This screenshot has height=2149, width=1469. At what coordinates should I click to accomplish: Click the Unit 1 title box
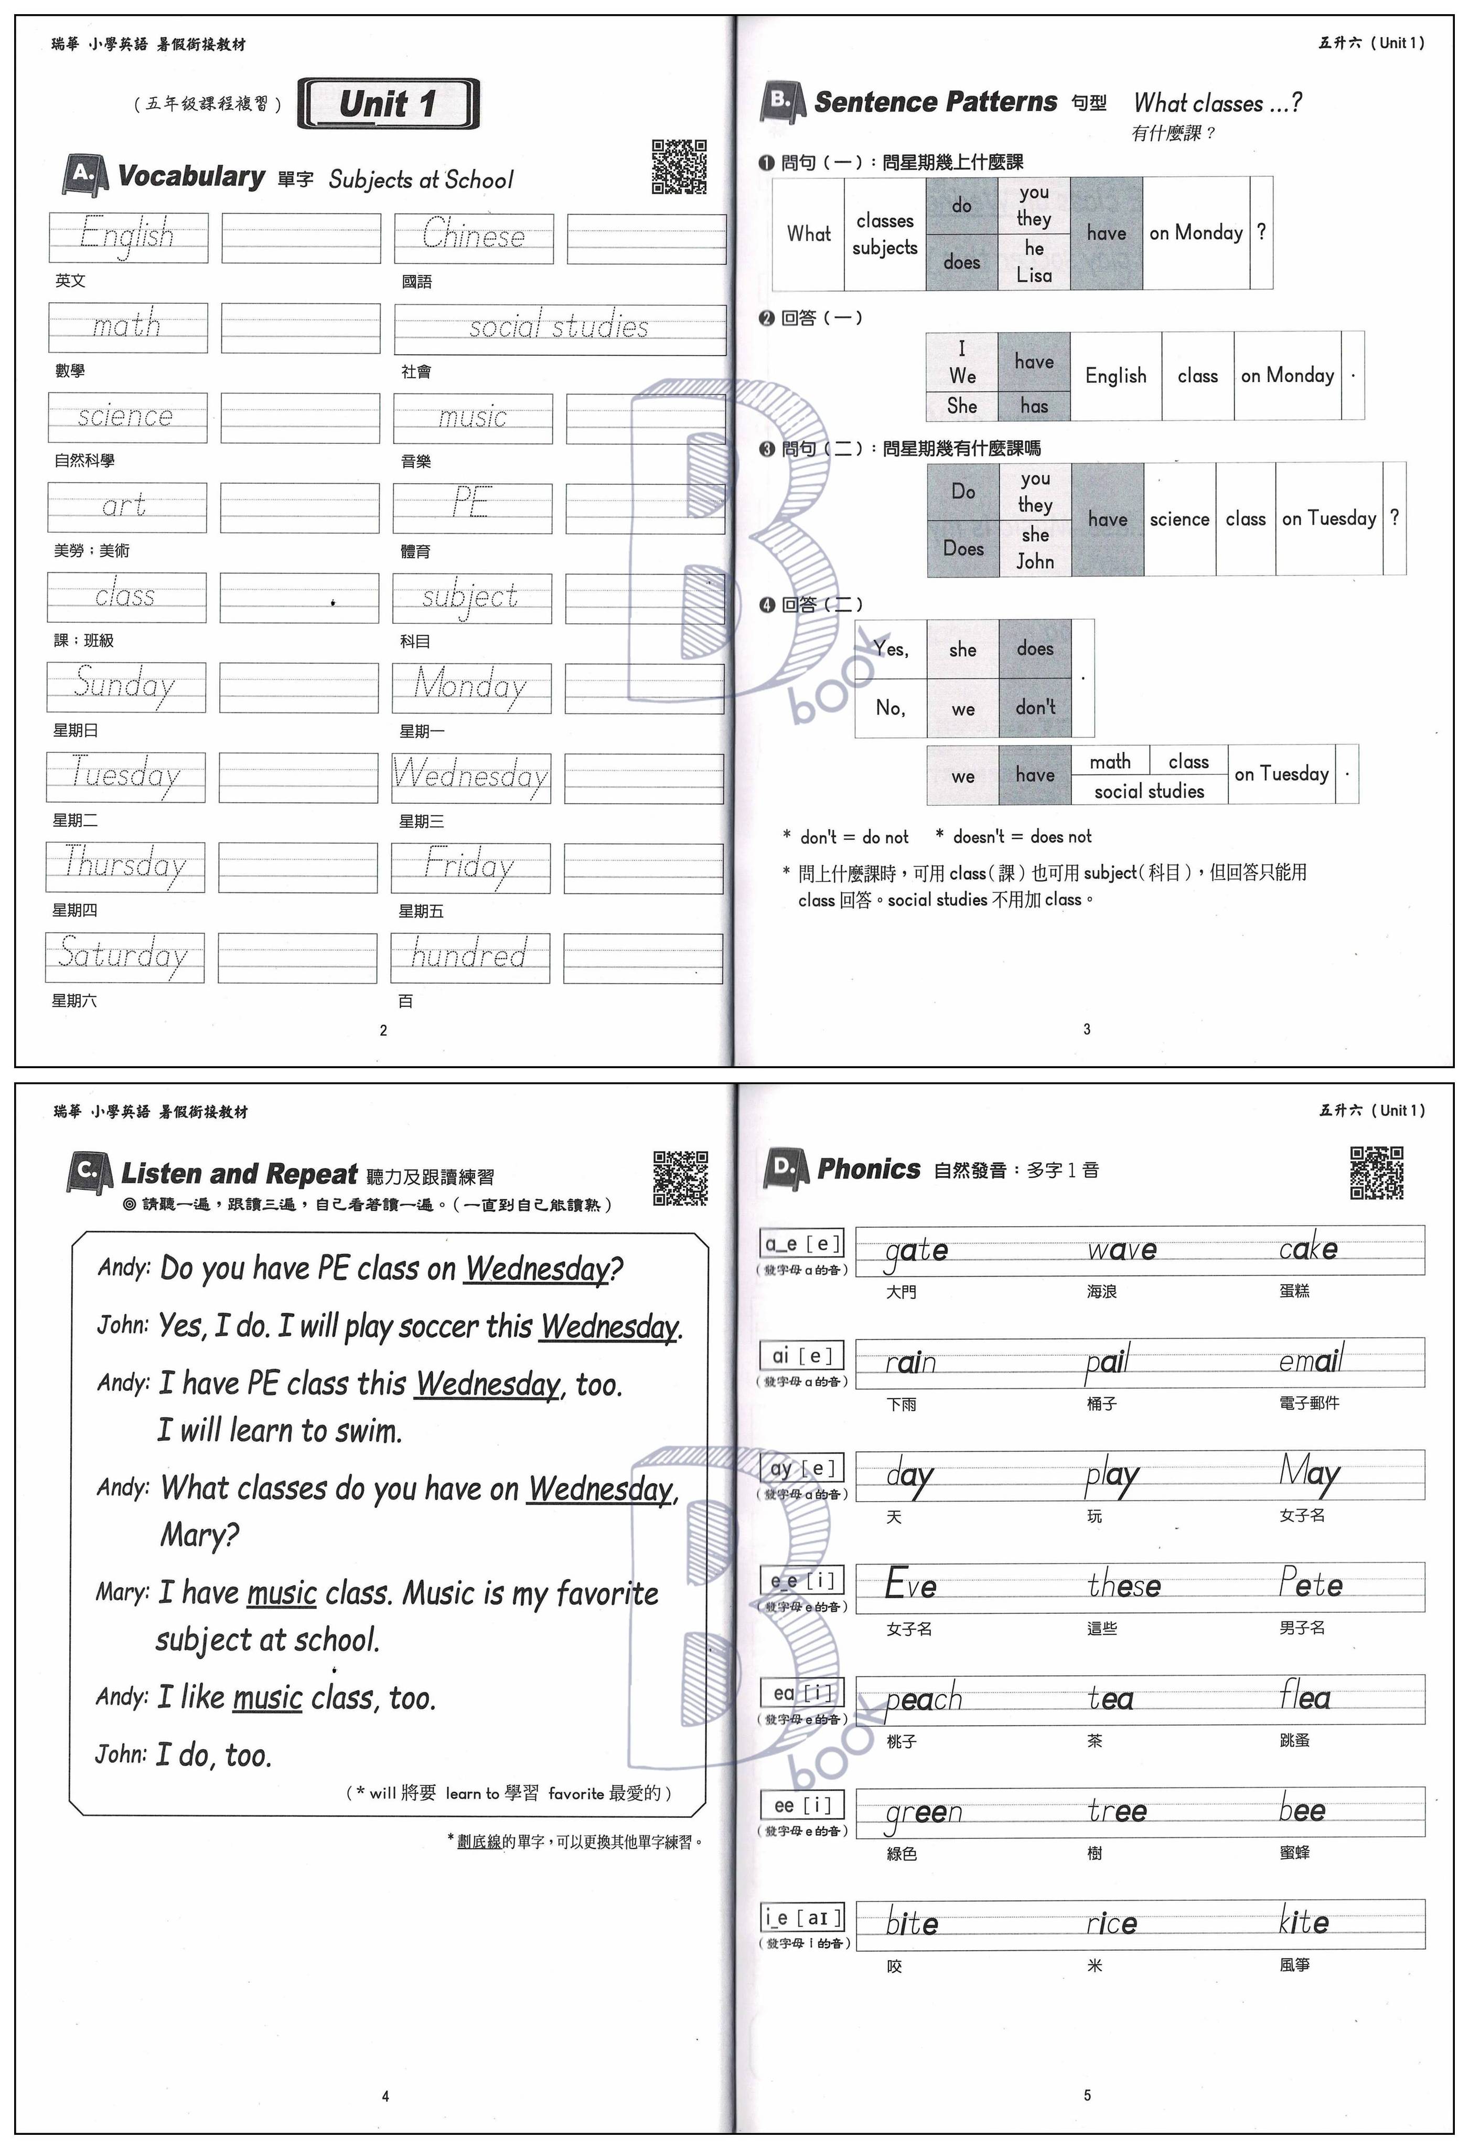388,103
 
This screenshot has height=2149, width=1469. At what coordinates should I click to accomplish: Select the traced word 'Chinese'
474,237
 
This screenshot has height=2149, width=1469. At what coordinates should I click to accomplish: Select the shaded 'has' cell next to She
1034,406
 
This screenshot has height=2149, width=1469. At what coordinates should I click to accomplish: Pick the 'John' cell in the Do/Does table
1035,561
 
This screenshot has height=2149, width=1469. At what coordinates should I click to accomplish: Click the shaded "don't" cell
1035,707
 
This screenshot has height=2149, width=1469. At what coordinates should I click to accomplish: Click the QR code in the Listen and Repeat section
680,1178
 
